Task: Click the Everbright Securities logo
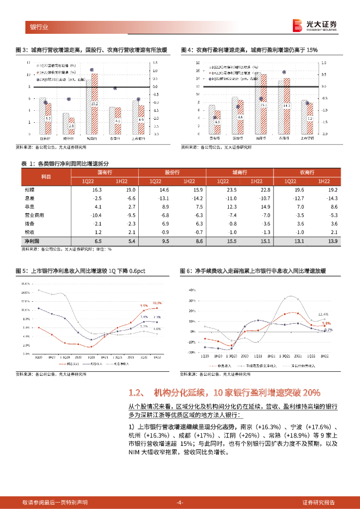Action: coord(314,25)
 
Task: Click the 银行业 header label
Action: coord(39,27)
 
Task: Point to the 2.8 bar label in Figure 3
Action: coord(71,126)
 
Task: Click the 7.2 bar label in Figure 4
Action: coord(309,119)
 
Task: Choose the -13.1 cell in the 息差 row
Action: coord(163,198)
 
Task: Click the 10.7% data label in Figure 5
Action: coord(157,303)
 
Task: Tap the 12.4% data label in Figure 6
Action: coord(323,315)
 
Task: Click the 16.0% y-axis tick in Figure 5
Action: coord(26,283)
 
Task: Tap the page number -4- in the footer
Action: coord(180,502)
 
